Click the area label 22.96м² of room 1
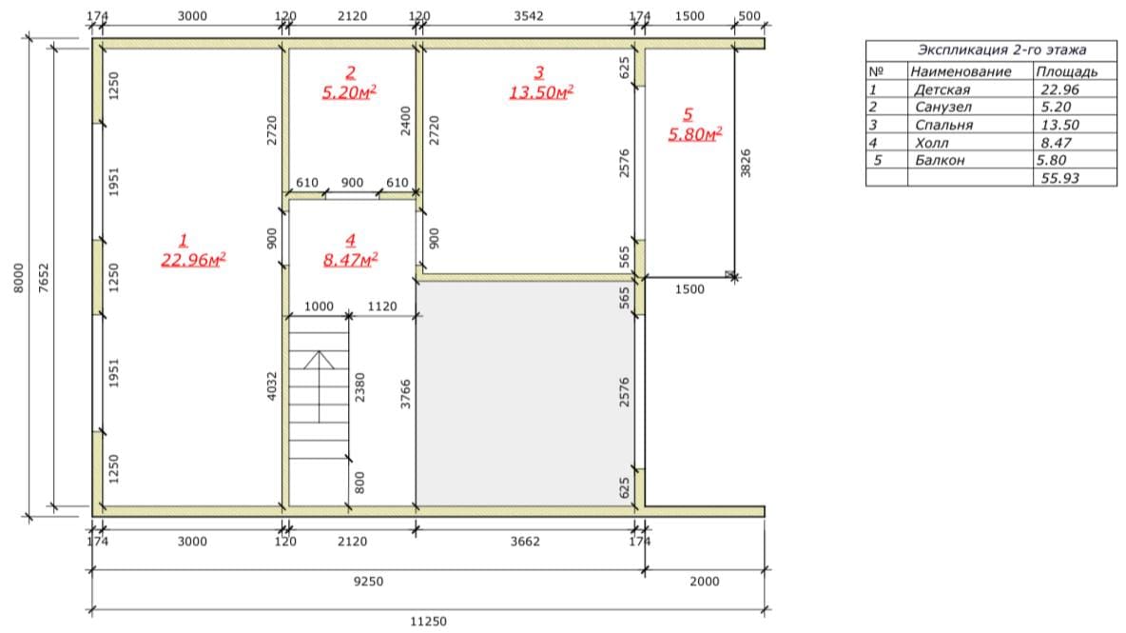point(193,259)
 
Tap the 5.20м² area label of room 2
point(350,92)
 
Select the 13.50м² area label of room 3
point(541,92)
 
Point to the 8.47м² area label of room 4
point(350,259)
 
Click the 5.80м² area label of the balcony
point(695,134)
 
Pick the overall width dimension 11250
point(428,622)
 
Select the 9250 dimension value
point(368,582)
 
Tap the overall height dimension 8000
point(19,278)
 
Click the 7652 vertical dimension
point(44,278)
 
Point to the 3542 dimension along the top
point(529,16)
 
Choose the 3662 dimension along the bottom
point(525,541)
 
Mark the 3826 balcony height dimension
point(746,163)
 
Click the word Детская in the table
point(942,89)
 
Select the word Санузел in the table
point(942,107)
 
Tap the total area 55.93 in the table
point(1060,178)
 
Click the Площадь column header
point(1066,71)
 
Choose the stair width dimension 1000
point(319,307)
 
